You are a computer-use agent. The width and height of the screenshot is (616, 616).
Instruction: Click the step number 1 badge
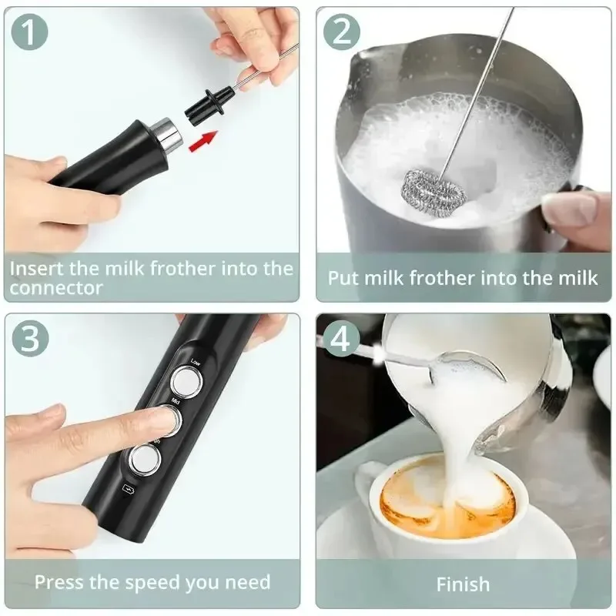(31, 32)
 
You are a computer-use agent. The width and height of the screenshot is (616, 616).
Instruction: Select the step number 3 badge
(31, 339)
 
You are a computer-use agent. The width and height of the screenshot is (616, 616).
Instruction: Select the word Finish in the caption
(463, 584)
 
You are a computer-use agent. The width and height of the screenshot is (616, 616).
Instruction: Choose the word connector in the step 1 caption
(56, 288)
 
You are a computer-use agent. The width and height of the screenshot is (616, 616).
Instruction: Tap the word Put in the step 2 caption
(344, 277)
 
